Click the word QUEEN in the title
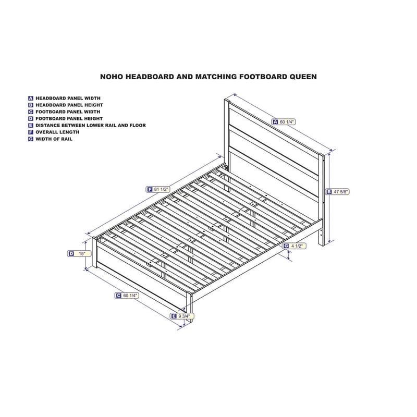(303, 77)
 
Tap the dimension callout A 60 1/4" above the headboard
(284, 122)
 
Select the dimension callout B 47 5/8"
(338, 191)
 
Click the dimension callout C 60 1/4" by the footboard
(127, 296)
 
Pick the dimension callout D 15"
(79, 254)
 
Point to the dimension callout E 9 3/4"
(182, 316)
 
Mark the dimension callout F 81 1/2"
(158, 189)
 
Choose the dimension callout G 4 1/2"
(294, 246)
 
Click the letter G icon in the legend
(31, 139)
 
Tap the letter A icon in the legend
(31, 98)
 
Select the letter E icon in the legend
(31, 125)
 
